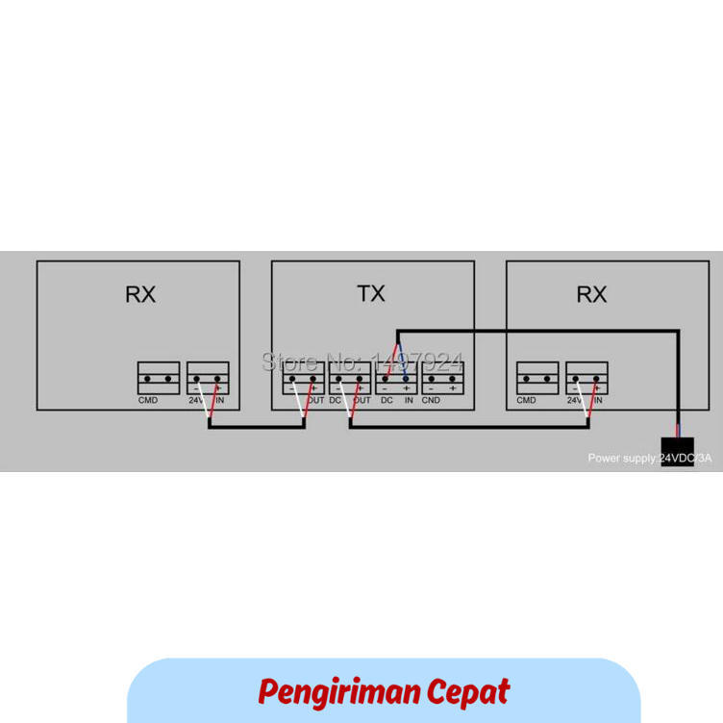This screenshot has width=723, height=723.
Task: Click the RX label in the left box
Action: [139, 294]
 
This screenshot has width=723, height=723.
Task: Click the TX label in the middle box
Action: [371, 294]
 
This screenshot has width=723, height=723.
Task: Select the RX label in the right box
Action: [591, 294]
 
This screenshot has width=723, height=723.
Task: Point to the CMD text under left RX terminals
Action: [148, 400]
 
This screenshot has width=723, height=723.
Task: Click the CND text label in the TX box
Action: [431, 400]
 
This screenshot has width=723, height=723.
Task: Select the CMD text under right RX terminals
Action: [527, 400]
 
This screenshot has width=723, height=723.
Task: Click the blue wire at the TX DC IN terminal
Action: [404, 361]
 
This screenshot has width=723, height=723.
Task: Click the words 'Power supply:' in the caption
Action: [622, 459]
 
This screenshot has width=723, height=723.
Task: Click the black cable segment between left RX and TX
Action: [258, 427]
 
